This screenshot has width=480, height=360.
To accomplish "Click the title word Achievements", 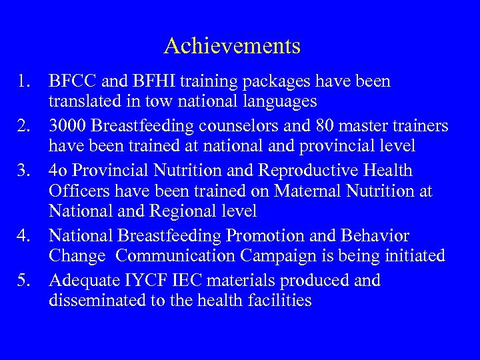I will tap(232, 46).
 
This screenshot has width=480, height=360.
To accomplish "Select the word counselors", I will tap(245, 126).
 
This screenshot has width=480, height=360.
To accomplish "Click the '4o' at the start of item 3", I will tap(58, 171).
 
